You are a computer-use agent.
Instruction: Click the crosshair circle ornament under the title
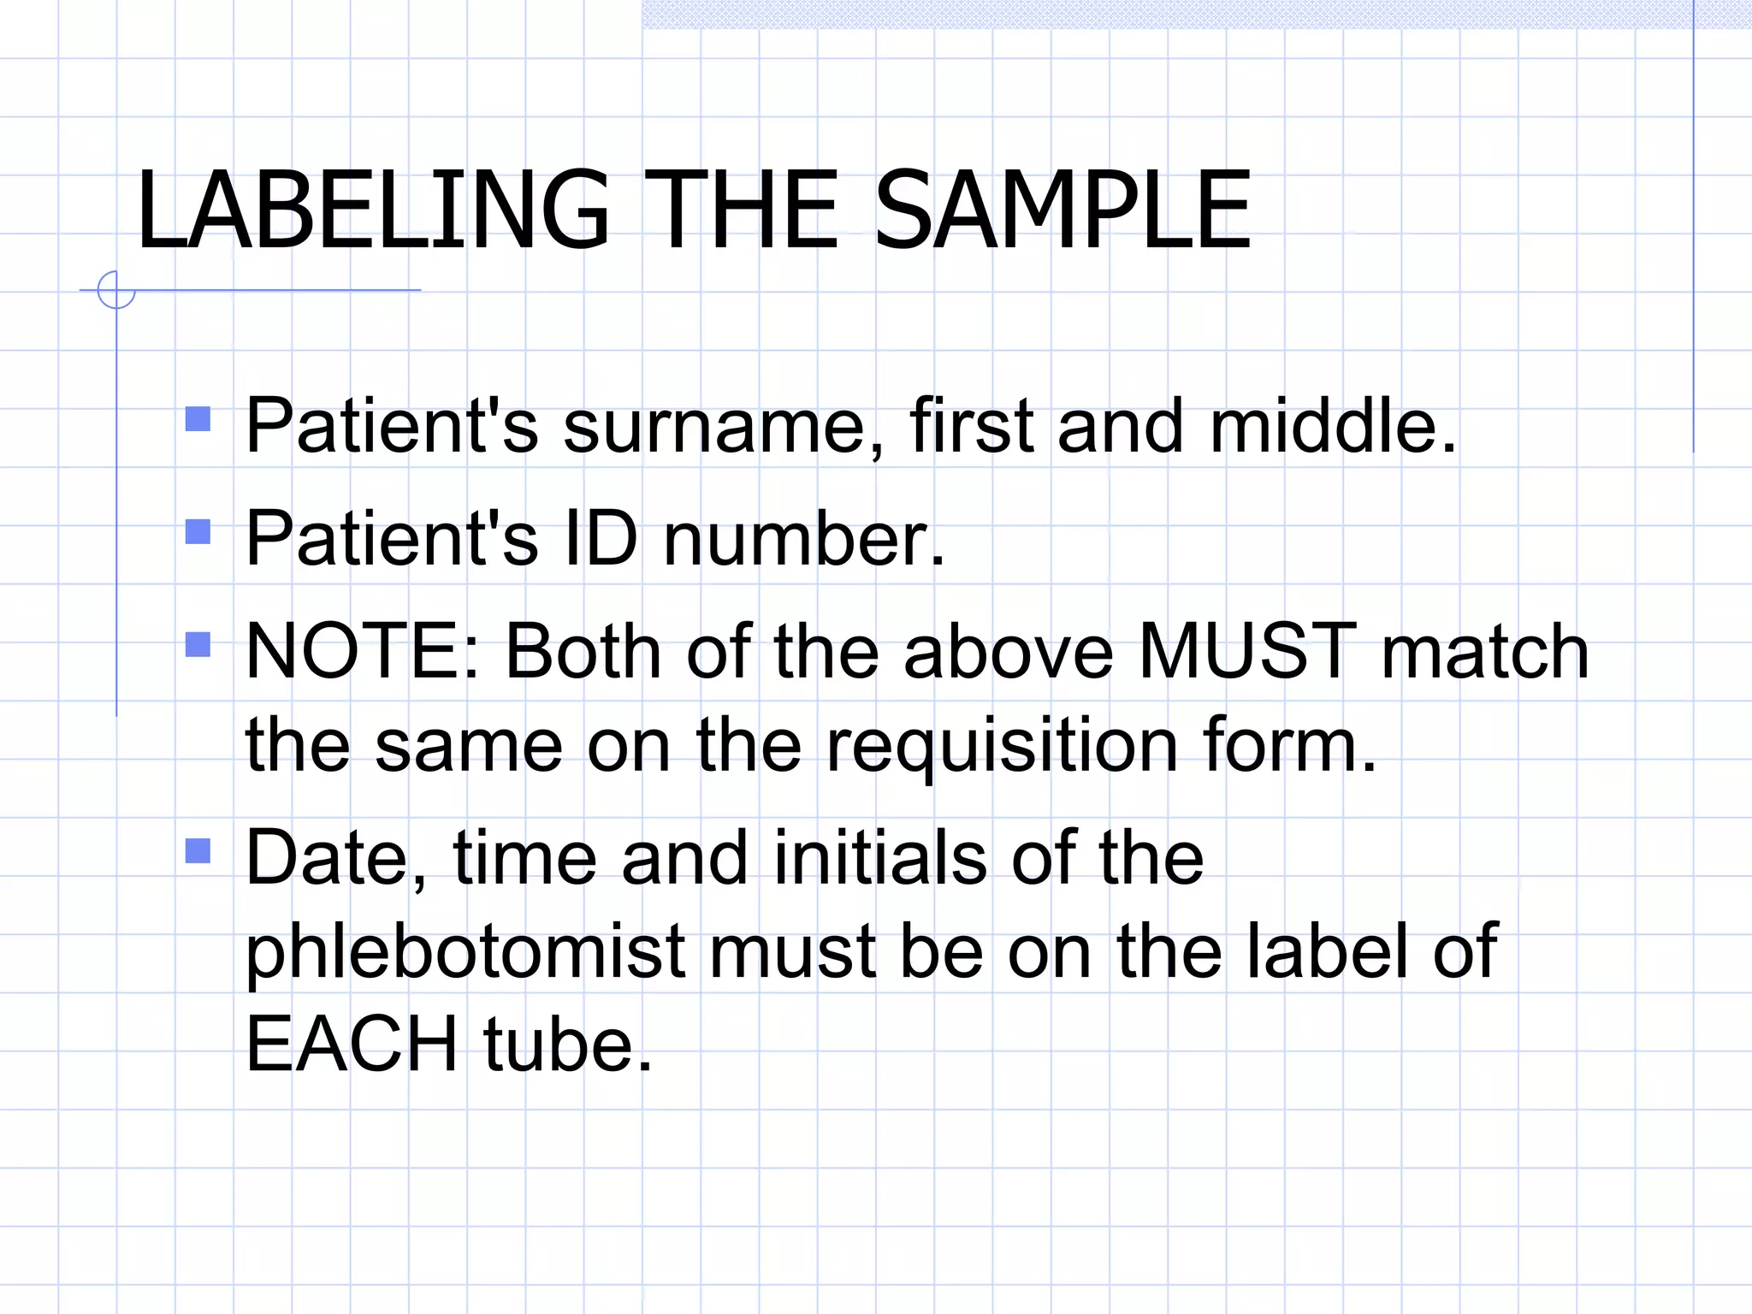(116, 290)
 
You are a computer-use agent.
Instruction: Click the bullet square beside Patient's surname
(198, 418)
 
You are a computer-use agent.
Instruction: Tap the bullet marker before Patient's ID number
(198, 531)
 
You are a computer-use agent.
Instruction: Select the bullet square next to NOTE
(198, 644)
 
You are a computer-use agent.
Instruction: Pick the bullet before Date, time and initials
(198, 850)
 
